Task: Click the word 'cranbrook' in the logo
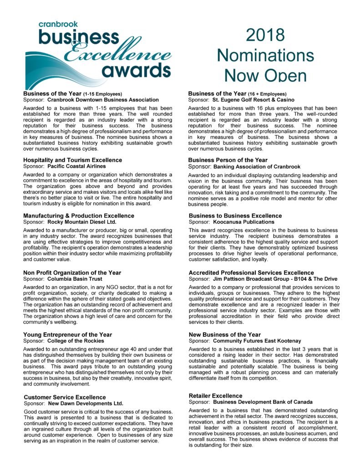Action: pos(58,24)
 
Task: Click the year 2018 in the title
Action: pos(265,35)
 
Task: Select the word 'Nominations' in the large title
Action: pos(265,55)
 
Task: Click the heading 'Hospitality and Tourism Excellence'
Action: pos(73,160)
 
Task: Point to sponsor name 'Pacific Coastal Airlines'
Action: pos(76,167)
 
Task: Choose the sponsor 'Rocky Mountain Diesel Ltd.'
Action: pos(82,222)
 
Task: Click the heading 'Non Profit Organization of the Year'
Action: pos(72,273)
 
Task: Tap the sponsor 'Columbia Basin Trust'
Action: pos(75,279)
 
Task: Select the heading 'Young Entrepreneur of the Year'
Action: pos(68,335)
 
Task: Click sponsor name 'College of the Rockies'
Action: pos(76,341)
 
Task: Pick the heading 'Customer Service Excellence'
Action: pos(65,397)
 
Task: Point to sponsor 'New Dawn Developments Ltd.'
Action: pos(85,403)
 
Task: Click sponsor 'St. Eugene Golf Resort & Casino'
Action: pos(254,100)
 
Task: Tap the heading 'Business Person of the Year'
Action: pos(228,160)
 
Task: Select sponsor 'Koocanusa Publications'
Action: pos(243,222)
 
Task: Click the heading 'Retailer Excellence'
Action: pos(215,396)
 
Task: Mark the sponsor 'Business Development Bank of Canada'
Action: pos(263,402)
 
